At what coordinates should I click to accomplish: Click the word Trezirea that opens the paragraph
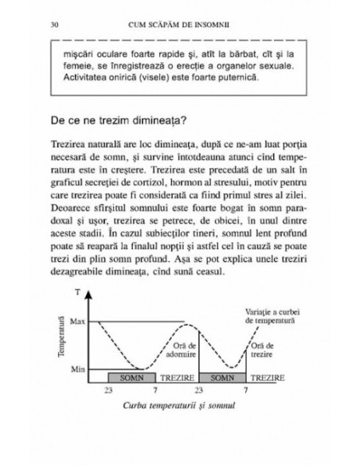[x=73, y=151]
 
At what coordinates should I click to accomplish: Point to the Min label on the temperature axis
[x=78, y=370]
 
